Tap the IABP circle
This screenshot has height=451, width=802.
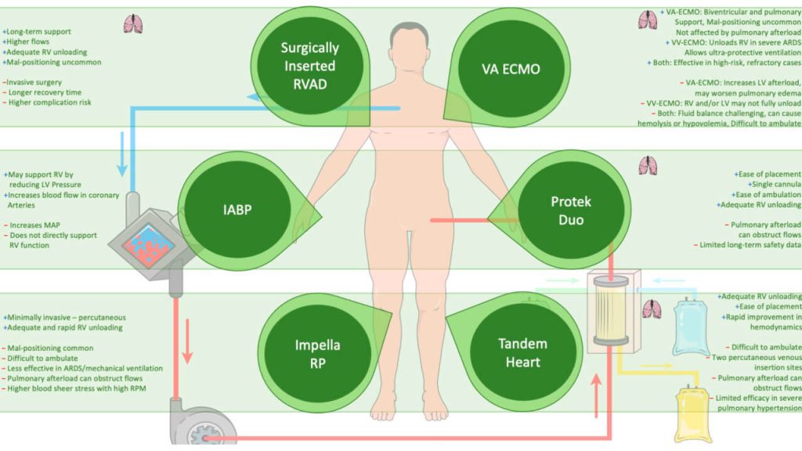click(x=231, y=211)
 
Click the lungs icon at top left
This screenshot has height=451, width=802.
click(x=132, y=24)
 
